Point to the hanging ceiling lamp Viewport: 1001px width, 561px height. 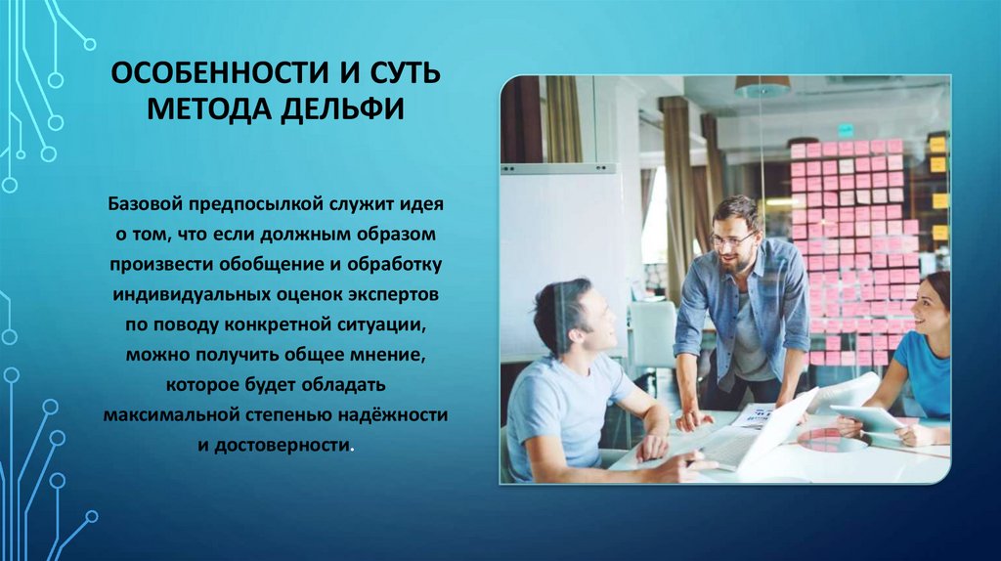tap(762, 87)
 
